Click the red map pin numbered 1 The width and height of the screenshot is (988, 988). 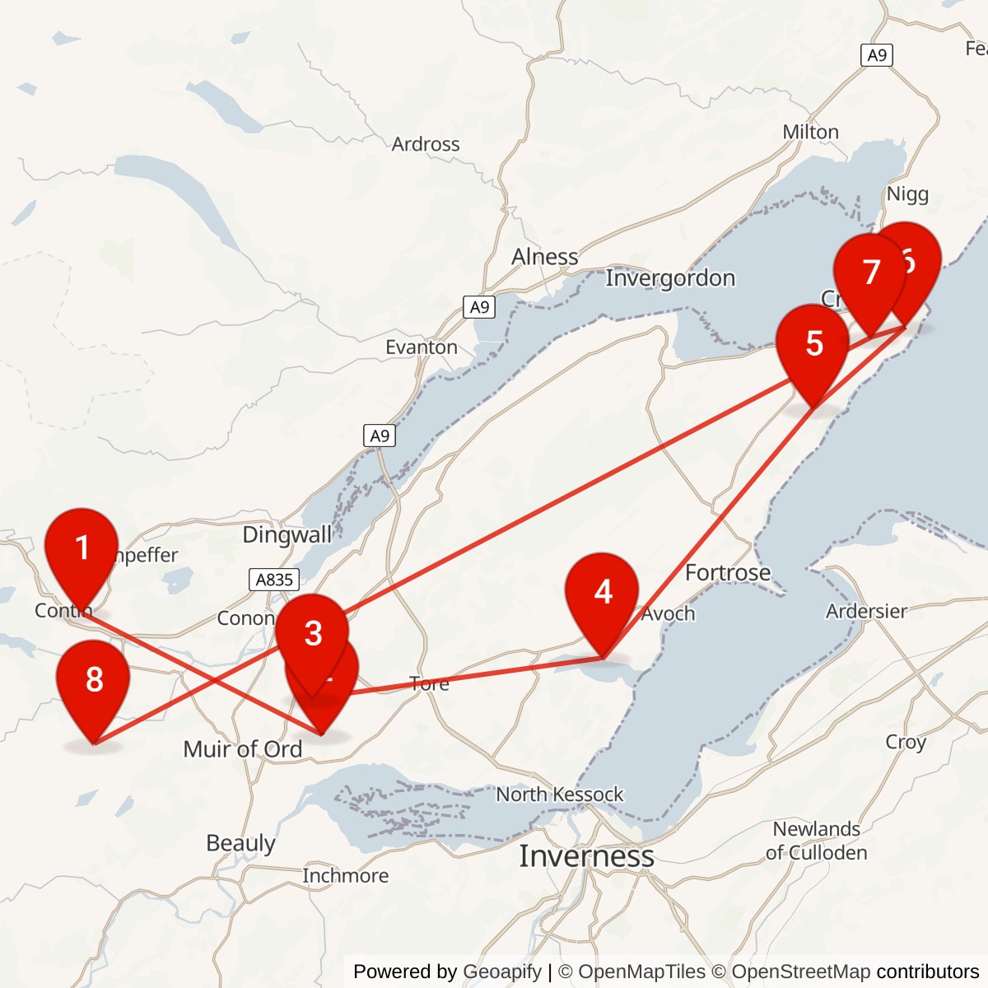[x=82, y=548]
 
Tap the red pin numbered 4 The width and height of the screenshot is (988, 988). [x=602, y=592]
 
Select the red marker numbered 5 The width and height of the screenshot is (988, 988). [x=813, y=343]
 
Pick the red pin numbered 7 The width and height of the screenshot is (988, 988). [x=869, y=273]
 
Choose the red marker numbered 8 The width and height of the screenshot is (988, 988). [x=94, y=679]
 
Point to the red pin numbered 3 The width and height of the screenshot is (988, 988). [x=313, y=633]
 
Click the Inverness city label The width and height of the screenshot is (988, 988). [x=586, y=856]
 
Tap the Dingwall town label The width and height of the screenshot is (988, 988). [x=287, y=535]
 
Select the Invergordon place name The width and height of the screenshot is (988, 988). [x=670, y=278]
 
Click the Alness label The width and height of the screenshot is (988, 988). [x=544, y=257]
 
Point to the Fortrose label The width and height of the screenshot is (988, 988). [x=728, y=572]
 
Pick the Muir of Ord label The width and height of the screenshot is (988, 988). [x=242, y=749]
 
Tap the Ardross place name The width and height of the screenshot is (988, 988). [x=426, y=144]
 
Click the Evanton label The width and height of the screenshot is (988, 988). [x=422, y=347]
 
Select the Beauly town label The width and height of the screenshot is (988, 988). [x=240, y=843]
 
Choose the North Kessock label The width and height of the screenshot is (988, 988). [x=559, y=795]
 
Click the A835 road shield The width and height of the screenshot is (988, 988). [x=274, y=580]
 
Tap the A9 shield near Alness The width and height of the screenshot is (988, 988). [x=479, y=307]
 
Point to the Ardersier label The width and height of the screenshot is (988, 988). [x=866, y=611]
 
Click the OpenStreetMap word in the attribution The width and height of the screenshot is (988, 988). [x=800, y=972]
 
